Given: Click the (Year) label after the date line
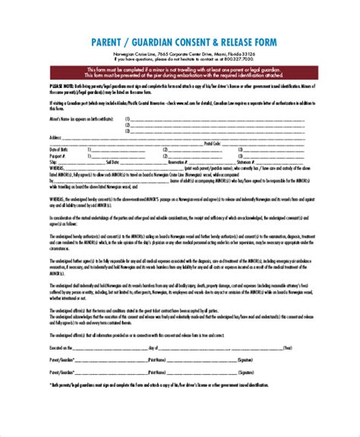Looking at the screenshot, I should tap(286, 369).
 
